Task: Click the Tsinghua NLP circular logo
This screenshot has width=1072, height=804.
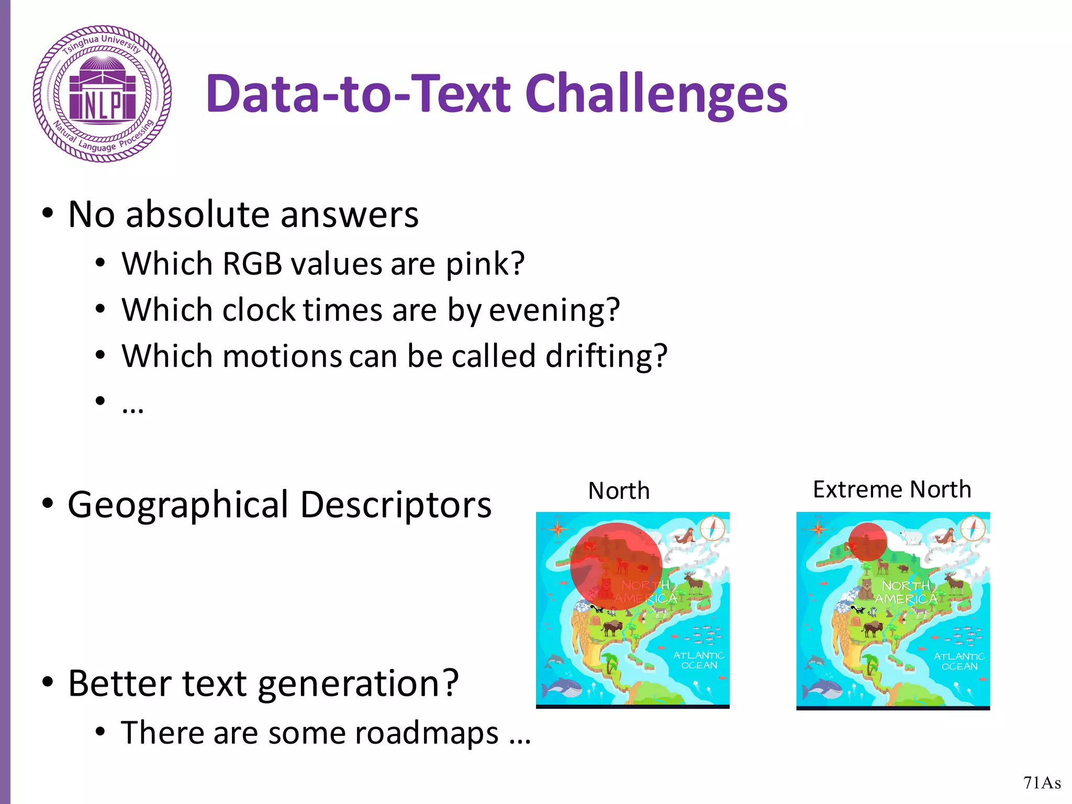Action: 102,94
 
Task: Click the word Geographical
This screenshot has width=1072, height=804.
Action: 178,505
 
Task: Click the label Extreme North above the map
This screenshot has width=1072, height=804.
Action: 891,489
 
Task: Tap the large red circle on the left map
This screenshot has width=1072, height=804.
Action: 616,566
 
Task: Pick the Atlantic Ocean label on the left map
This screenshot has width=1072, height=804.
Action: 698,660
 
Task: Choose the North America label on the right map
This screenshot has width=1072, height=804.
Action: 906,592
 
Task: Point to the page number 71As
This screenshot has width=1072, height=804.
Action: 1042,783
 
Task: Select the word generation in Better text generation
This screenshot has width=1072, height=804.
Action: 358,684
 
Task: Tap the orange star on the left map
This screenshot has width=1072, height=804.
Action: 557,529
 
